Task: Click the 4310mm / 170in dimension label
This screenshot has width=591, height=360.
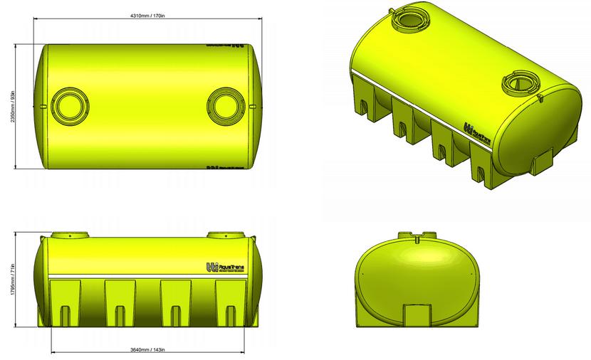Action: [x=147, y=16]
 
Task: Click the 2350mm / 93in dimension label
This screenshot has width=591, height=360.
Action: [x=12, y=106]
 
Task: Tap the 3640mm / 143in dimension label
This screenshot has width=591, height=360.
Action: [x=148, y=349]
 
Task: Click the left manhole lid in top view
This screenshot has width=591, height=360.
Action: [x=70, y=105]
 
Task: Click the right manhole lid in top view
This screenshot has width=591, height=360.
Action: [x=226, y=105]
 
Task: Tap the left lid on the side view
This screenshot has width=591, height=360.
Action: [x=70, y=235]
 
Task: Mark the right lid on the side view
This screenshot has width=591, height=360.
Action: [x=226, y=235]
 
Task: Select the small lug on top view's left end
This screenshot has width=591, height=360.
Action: [x=44, y=106]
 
